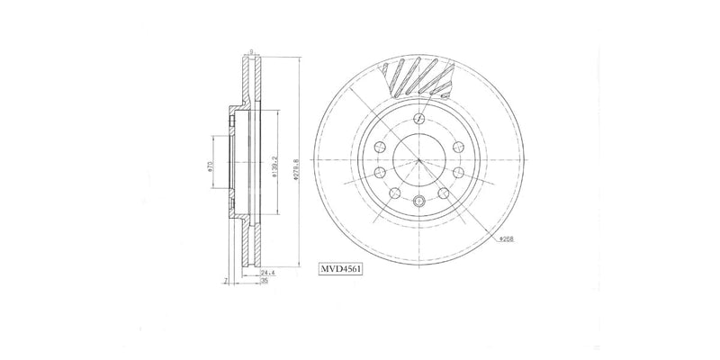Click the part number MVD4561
(x=340, y=267)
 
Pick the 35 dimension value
(x=264, y=282)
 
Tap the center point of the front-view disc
(x=419, y=159)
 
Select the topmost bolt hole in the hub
(x=419, y=119)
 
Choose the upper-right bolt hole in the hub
(x=457, y=147)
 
